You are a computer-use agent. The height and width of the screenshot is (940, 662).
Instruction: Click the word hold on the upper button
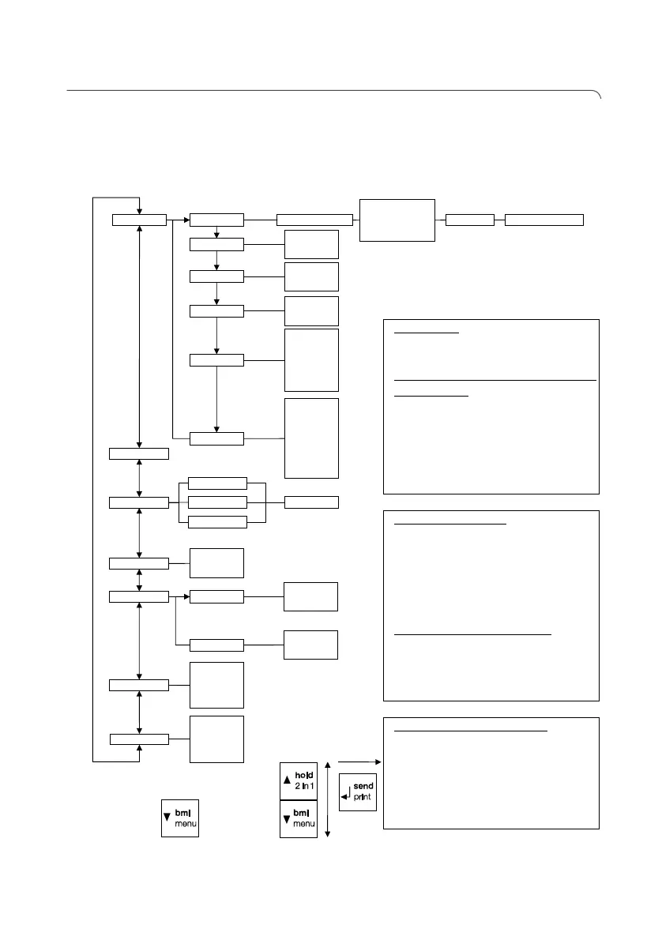(304, 776)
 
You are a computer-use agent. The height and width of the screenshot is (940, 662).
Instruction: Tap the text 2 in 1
(304, 788)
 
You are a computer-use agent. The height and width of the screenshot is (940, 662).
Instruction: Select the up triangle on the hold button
(288, 781)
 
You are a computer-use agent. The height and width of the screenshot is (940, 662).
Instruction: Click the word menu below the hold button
(304, 823)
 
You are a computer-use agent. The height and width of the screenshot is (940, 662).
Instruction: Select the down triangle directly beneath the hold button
(288, 818)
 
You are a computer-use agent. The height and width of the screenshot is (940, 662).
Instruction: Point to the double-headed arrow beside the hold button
(327, 799)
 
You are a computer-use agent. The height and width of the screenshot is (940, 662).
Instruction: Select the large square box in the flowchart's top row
(397, 220)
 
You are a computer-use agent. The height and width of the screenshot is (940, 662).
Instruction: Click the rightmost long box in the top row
(544, 220)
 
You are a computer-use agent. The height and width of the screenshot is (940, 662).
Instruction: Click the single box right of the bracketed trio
(311, 502)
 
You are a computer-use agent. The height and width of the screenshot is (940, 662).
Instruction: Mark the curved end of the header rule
(598, 96)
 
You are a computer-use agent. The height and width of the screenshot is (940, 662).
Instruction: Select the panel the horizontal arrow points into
(491, 773)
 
